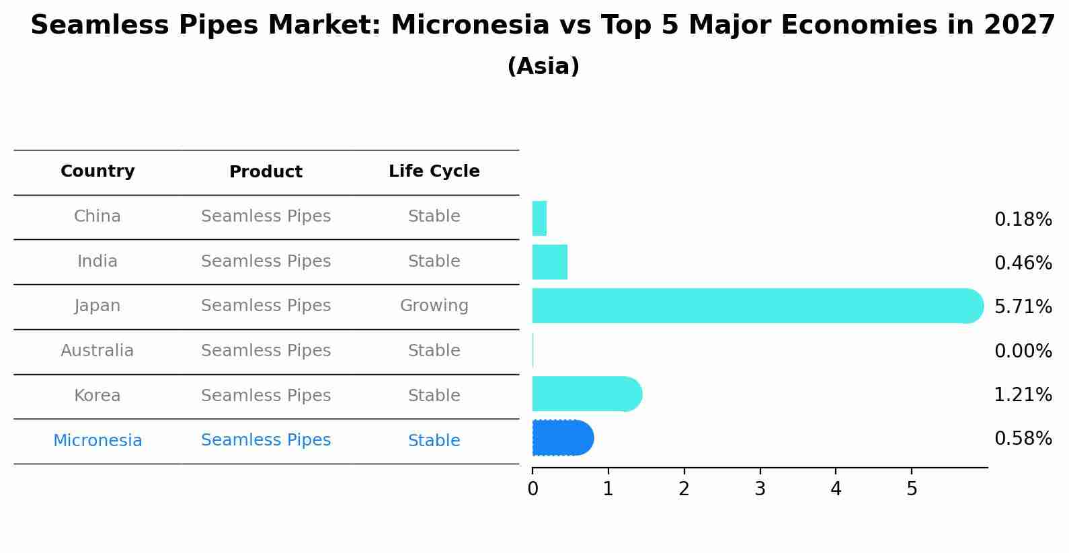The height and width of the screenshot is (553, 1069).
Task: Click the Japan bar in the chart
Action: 758,306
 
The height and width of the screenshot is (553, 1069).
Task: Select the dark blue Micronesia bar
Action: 563,437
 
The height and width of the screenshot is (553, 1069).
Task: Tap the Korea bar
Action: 588,394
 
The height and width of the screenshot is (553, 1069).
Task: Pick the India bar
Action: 550,262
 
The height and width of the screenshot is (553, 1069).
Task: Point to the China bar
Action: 539,218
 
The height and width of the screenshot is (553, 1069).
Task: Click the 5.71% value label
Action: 1023,306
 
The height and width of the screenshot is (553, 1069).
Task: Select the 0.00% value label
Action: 1023,351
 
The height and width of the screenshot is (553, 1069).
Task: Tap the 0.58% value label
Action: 1023,438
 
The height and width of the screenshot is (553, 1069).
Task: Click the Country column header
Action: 98,171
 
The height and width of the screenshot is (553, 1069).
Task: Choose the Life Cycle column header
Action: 434,171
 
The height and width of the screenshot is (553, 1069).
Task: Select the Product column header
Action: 266,171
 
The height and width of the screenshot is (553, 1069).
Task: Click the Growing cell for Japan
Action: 434,305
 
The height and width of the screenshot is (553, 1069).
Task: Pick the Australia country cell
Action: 97,350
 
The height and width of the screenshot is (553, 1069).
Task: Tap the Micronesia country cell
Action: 98,440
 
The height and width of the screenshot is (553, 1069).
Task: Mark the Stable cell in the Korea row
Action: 434,395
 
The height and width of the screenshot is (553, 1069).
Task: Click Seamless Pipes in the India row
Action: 266,261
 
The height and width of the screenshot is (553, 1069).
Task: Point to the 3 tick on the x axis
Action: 760,472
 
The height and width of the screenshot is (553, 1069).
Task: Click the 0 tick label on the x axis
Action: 533,488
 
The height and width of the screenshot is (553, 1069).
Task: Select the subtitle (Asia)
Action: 543,66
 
